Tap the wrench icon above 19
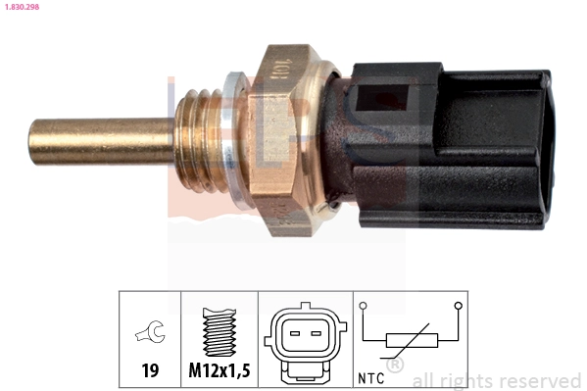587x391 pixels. [150, 335]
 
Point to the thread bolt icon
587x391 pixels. [219, 333]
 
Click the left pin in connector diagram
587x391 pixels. [293, 333]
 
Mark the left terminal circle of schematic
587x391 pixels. [363, 307]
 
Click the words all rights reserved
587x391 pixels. [497, 380]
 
